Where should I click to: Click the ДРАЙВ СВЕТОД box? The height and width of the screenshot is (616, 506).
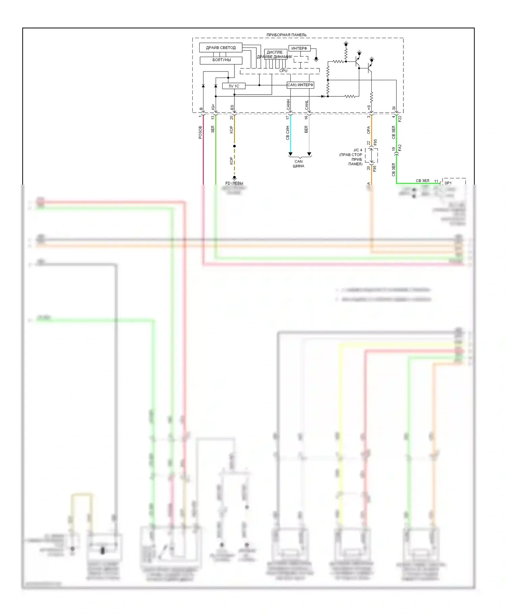(221, 48)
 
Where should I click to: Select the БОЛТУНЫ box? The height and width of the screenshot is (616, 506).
(221, 60)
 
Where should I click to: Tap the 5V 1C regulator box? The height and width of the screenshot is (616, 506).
(234, 86)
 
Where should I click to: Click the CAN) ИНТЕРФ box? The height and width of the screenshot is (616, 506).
(300, 85)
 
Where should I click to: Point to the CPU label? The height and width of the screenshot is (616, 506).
(283, 71)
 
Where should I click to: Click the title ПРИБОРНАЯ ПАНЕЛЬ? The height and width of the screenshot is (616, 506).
(286, 35)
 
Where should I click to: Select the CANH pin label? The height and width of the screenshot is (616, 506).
(288, 105)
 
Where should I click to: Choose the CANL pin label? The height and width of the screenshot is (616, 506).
(307, 105)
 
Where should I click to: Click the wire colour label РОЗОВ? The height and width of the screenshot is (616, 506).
(200, 132)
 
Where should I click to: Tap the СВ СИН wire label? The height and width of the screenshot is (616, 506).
(288, 133)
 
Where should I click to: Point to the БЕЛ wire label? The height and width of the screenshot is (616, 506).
(306, 129)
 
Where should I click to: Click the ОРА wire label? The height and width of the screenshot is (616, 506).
(369, 130)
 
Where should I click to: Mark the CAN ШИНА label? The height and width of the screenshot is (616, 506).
(299, 164)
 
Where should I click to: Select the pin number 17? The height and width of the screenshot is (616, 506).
(288, 118)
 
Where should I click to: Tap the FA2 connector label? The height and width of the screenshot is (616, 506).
(400, 148)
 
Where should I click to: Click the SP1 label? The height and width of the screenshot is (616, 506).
(448, 183)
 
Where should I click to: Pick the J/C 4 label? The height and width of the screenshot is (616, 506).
(358, 150)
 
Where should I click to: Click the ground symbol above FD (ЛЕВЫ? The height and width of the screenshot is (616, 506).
(234, 178)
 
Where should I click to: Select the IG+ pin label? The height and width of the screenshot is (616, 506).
(213, 107)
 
